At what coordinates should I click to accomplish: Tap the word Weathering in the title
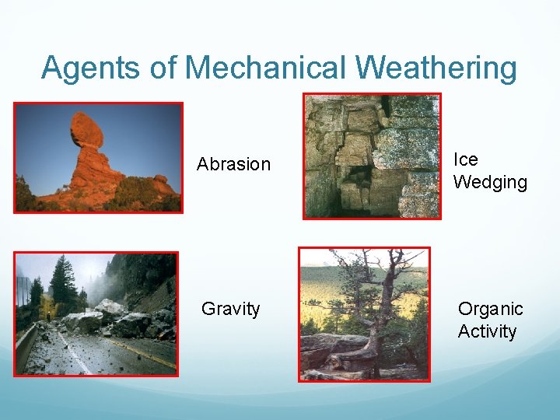click(436, 68)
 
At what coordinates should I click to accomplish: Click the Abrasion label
click(233, 164)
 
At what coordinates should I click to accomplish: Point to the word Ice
click(465, 159)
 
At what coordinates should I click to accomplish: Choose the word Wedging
click(490, 183)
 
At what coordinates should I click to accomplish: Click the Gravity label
click(230, 309)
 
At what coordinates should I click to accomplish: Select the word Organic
click(490, 309)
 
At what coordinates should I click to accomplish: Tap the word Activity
click(487, 331)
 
